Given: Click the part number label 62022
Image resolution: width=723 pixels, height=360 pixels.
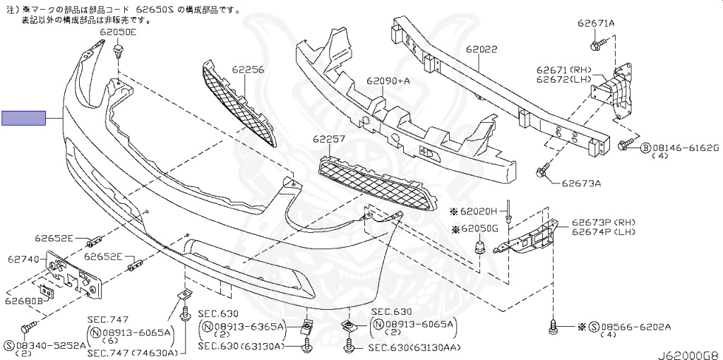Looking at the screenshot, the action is pyautogui.click(x=482, y=49).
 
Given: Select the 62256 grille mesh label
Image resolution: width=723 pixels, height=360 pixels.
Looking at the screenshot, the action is pyautogui.click(x=248, y=70).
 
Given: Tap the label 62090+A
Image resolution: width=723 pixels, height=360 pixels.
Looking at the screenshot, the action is pyautogui.click(x=388, y=81).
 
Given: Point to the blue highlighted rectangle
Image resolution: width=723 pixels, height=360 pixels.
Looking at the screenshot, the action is pyautogui.click(x=24, y=119).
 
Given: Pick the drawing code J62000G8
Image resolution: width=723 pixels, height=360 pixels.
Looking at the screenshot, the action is pyautogui.click(x=689, y=355).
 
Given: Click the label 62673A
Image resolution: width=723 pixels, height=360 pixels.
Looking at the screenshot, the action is pyautogui.click(x=582, y=184).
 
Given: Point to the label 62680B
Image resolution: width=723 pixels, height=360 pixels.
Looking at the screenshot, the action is pyautogui.click(x=24, y=301).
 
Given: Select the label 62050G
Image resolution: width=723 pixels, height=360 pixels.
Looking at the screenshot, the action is pyautogui.click(x=479, y=229).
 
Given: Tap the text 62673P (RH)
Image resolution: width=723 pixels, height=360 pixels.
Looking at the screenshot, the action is pyautogui.click(x=604, y=222).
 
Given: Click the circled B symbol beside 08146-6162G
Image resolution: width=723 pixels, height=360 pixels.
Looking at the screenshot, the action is pyautogui.click(x=645, y=148).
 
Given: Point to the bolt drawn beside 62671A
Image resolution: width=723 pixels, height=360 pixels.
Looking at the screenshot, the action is pyautogui.click(x=594, y=45).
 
